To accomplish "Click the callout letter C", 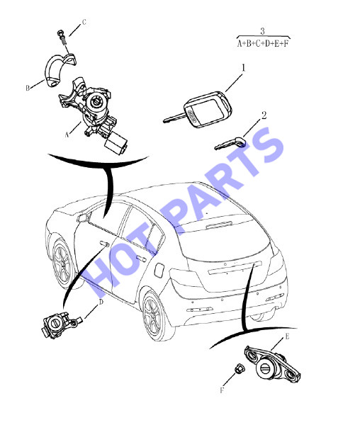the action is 84,22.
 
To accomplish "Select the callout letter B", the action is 28,88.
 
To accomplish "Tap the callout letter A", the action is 67,135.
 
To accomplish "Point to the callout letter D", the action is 101,302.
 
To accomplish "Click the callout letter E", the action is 287,336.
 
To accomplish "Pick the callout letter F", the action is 222,390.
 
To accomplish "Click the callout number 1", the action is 243,68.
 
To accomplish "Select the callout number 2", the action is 264,115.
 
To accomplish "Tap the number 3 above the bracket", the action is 262,31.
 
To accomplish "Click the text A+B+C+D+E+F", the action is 263,43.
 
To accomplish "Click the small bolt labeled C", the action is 62,37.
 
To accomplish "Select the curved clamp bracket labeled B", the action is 60,70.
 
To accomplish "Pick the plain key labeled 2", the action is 230,143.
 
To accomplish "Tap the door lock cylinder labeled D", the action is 59,324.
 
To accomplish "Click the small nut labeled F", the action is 239,368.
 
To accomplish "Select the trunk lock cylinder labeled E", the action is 272,365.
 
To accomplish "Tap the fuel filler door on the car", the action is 159,270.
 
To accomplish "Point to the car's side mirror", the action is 83,217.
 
